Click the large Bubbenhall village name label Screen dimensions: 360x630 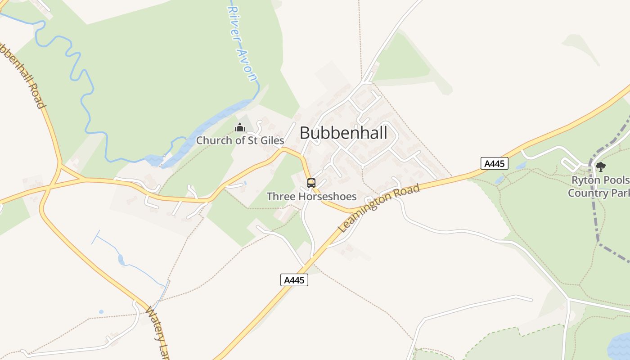343,133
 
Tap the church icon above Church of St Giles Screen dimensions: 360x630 240,128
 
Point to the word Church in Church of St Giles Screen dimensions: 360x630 214,140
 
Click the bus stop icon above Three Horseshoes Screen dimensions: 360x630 311,183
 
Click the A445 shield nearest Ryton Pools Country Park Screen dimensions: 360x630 494,163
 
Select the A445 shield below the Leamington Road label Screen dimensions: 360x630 294,280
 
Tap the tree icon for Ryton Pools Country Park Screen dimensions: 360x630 600,167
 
